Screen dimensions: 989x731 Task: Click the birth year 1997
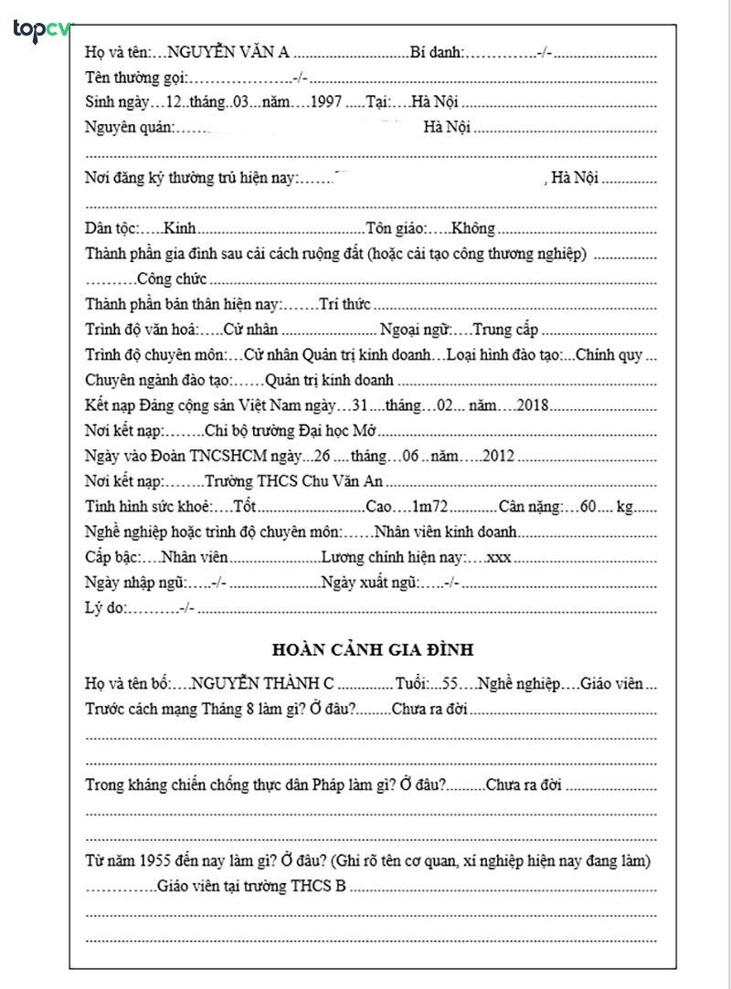(x=325, y=102)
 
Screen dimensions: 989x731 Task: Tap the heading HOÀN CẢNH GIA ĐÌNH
(x=372, y=650)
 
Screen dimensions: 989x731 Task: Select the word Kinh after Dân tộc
(x=179, y=228)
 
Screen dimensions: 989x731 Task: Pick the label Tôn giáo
(x=395, y=228)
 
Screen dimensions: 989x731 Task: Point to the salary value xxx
(x=499, y=557)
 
